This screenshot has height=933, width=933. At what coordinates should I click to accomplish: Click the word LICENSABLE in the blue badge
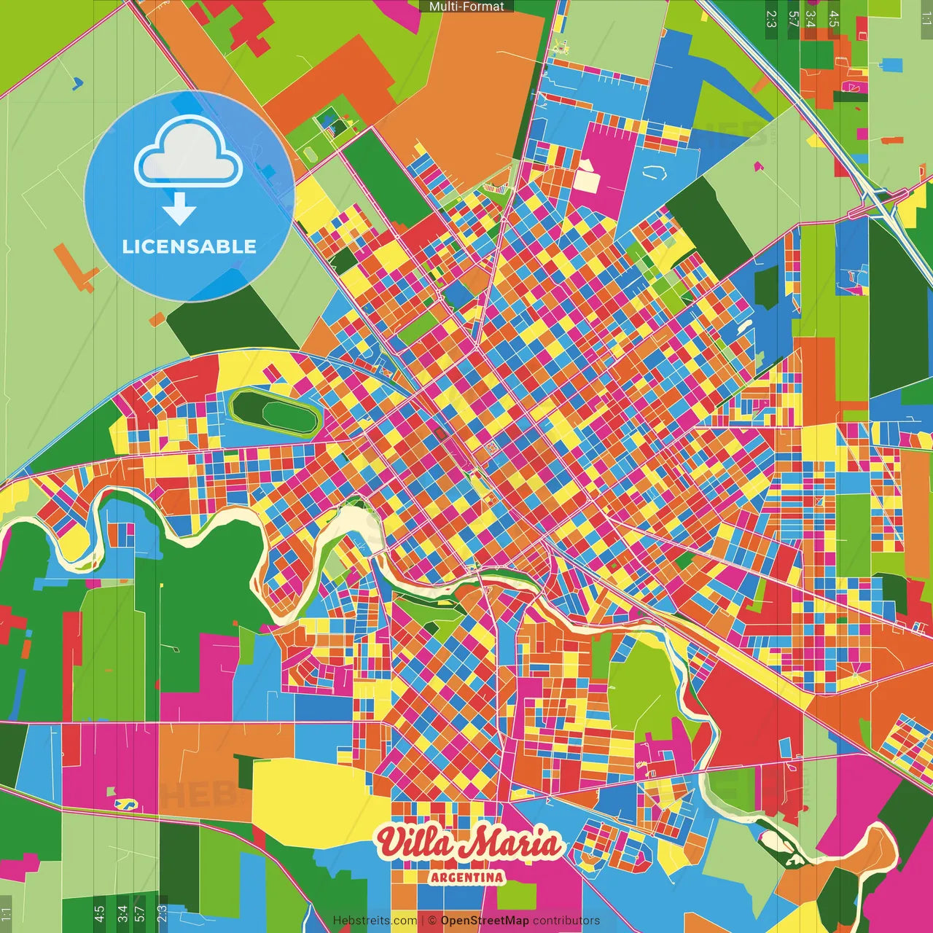(x=189, y=246)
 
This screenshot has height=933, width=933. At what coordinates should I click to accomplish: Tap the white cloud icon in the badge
(x=189, y=153)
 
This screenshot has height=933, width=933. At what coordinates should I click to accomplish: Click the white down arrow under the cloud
(x=179, y=210)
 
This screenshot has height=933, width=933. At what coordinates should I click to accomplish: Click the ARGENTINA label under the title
(x=467, y=877)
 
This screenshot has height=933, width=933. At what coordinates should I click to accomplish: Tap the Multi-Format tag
(x=466, y=6)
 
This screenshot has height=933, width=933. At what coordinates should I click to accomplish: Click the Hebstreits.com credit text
(x=375, y=921)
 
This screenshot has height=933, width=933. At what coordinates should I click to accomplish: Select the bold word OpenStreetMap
(x=485, y=921)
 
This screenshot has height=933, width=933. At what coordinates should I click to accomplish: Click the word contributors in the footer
(x=566, y=921)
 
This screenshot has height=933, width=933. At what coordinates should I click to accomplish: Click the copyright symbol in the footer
(x=432, y=921)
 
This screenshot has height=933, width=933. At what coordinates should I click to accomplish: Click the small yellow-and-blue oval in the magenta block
(x=126, y=803)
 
